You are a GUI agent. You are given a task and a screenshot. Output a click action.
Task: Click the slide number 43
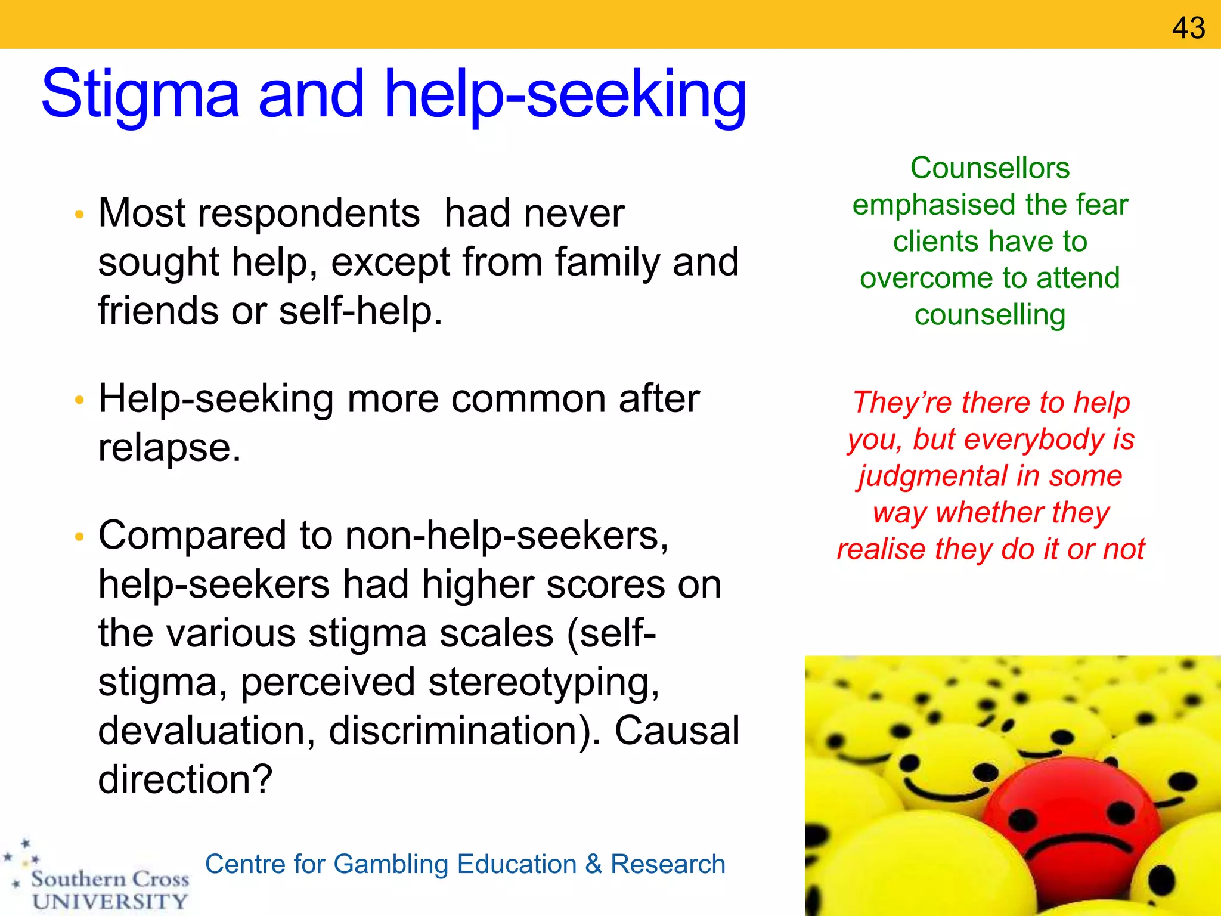(x=1188, y=28)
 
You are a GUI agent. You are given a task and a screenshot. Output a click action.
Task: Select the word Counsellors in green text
(x=990, y=168)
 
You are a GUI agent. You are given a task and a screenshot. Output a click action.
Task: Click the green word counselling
(x=990, y=315)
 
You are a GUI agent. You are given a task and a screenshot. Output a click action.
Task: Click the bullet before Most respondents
(x=79, y=215)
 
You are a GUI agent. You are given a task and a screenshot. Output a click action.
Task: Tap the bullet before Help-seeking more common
(x=79, y=400)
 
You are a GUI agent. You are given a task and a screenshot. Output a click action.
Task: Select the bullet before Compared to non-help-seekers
(x=79, y=537)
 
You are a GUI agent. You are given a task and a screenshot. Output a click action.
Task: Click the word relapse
(x=169, y=448)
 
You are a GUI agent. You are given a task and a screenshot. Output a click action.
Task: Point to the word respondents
(x=309, y=213)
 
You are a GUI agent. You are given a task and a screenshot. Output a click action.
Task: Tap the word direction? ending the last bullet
(x=185, y=780)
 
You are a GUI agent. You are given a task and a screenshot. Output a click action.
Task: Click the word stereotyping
(x=543, y=682)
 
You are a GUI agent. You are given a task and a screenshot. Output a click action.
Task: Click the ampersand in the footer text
(x=593, y=864)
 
